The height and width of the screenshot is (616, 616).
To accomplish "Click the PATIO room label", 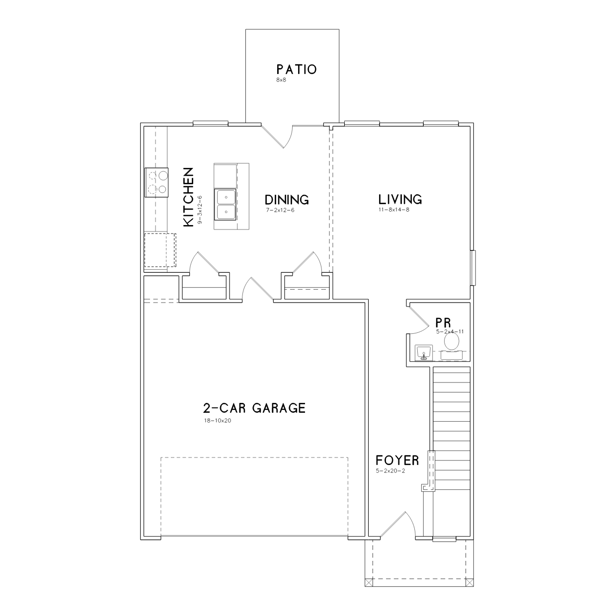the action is (x=297, y=70).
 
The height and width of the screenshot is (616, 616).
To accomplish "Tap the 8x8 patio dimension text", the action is (x=281, y=80).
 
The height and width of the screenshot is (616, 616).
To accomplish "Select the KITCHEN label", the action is (x=189, y=197).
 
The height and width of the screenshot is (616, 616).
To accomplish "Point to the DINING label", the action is (x=287, y=200).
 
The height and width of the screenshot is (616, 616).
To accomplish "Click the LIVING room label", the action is (x=400, y=199).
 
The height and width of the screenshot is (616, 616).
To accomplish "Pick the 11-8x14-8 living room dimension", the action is (x=394, y=210).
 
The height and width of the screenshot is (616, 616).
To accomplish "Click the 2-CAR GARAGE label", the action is (x=254, y=408).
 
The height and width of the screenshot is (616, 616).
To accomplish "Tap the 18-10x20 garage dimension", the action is (x=218, y=421).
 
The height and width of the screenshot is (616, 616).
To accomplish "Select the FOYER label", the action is (x=397, y=461).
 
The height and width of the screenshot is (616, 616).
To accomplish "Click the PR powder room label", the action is (x=443, y=322).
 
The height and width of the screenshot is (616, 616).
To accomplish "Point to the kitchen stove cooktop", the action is (x=156, y=182).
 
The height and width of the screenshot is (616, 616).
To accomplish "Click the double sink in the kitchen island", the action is (x=226, y=205).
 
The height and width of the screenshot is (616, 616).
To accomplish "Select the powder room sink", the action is (x=424, y=353).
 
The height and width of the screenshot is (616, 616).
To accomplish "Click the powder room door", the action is (x=418, y=319).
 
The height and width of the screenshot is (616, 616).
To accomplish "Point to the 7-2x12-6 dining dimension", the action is (x=280, y=210).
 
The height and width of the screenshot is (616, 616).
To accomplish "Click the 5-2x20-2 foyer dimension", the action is (x=390, y=471).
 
